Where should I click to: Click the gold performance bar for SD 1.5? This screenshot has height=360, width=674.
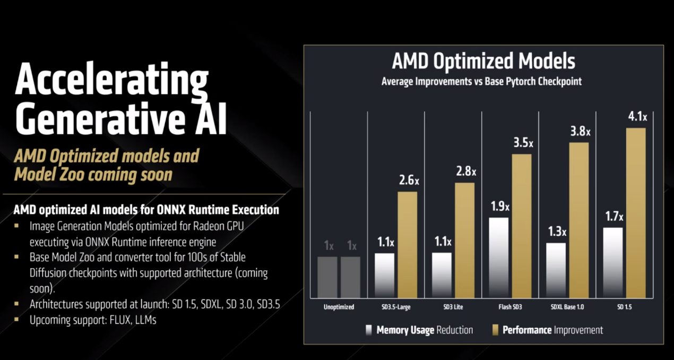coord(636,212)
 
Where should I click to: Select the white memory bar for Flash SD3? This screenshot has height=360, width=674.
coord(498,258)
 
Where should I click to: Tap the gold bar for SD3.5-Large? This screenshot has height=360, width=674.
coord(407,244)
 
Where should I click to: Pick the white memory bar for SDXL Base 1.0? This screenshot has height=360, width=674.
coord(556,270)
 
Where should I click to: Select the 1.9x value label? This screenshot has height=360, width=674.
coord(499,207)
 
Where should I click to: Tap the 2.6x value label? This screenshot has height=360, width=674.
coord(409,181)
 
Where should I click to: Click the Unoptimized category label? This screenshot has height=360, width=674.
coord(339,307)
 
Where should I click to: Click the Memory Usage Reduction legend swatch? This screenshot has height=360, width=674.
coord(368,330)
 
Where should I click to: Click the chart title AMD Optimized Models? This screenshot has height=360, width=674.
coord(483,61)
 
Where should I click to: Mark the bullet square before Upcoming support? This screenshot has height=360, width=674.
coord(17,320)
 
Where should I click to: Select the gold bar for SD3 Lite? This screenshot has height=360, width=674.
coord(464,240)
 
